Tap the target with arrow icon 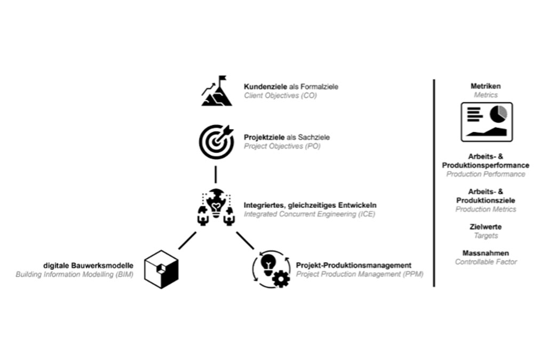pyautogui.click(x=216, y=140)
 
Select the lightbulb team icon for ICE pyautogui.click(x=216, y=207)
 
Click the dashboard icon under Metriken pyautogui.click(x=487, y=122)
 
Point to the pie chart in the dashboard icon pyautogui.click(x=498, y=113)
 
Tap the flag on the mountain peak pyautogui.click(x=222, y=78)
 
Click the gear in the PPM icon pyautogui.click(x=281, y=278)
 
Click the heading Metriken pyautogui.click(x=486, y=86)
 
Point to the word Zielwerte pyautogui.click(x=486, y=227)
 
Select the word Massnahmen pyautogui.click(x=486, y=253)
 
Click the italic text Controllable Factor pyautogui.click(x=486, y=262)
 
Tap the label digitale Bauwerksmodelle pyautogui.click(x=89, y=265)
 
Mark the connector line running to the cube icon pyautogui.click(x=187, y=241)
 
